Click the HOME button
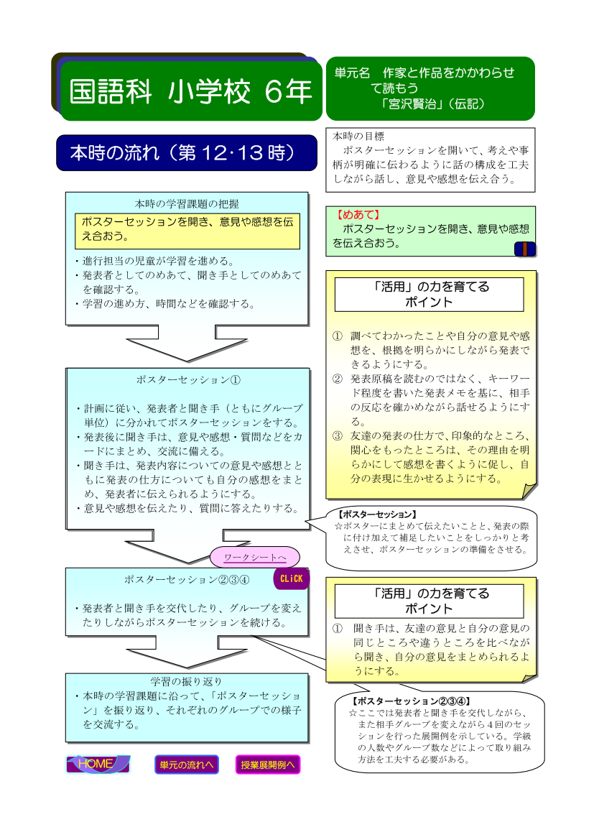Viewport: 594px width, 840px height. pos(98,764)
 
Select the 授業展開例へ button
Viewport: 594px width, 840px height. pos(267,765)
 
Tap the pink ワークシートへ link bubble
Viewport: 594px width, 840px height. pos(254,557)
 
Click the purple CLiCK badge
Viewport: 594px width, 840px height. pos(292,578)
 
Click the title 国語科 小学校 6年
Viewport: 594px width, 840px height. pos(190,91)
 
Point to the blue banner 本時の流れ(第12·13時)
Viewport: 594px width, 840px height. pos(187,152)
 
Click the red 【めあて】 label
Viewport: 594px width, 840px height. pos(357,215)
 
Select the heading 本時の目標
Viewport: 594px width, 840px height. pos(358,136)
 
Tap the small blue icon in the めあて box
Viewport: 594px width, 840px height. pos(524,249)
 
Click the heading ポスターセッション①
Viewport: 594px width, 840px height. pos(188,380)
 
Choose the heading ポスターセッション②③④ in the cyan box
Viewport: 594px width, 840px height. pos(187,580)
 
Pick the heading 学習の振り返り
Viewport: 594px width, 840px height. pos(186,681)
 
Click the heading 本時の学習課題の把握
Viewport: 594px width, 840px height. pos(187,203)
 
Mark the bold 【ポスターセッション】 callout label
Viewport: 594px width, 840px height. pos(377,514)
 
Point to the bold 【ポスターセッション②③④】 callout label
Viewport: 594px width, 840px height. pos(412,701)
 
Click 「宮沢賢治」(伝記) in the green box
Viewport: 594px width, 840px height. pos(432,104)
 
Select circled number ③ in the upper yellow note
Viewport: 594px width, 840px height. pos(338,435)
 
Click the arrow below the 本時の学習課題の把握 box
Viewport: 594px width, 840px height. pos(187,343)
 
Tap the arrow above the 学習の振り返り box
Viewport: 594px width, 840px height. pos(187,652)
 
